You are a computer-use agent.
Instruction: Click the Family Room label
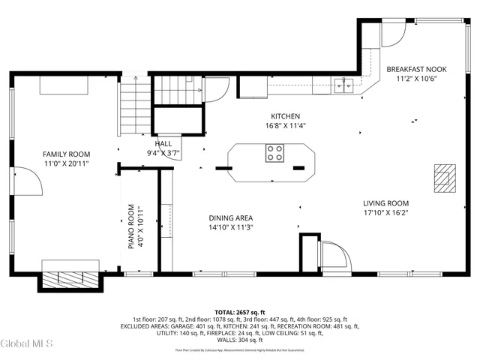tap(61, 154)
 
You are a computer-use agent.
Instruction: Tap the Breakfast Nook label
tap(416, 70)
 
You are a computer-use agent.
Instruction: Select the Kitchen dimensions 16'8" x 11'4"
tap(286, 127)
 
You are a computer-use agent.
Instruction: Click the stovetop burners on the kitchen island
tap(274, 154)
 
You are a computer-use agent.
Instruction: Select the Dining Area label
tap(231, 218)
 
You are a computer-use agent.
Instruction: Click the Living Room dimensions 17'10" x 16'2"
tap(385, 212)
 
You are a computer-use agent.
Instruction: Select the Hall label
tap(163, 143)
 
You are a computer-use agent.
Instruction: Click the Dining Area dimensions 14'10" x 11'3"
tap(231, 228)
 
